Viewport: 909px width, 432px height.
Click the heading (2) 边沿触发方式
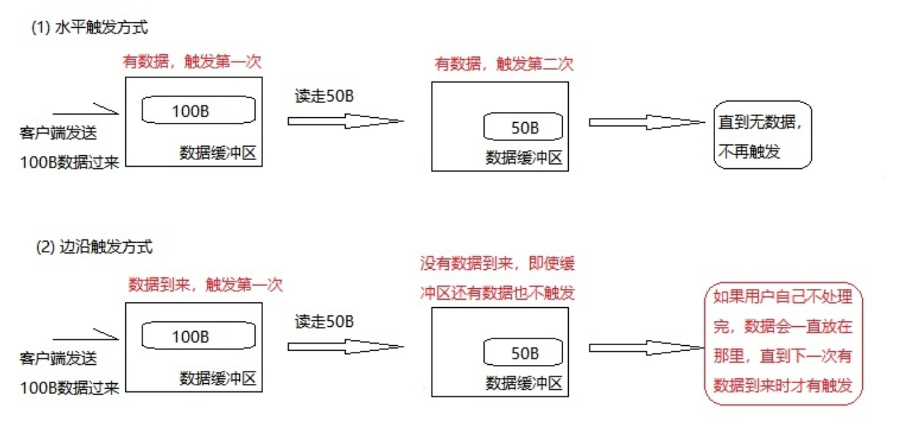click(x=94, y=247)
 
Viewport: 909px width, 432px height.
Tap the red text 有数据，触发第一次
click(x=192, y=62)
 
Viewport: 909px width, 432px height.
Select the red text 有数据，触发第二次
click(x=504, y=64)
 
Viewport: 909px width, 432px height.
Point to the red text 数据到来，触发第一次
click(x=205, y=285)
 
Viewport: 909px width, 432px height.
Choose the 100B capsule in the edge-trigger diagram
click(x=199, y=336)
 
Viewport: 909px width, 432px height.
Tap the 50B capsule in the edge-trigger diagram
click(x=523, y=353)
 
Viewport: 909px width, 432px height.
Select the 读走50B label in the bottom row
click(x=325, y=321)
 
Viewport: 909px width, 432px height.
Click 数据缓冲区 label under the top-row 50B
click(x=525, y=157)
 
